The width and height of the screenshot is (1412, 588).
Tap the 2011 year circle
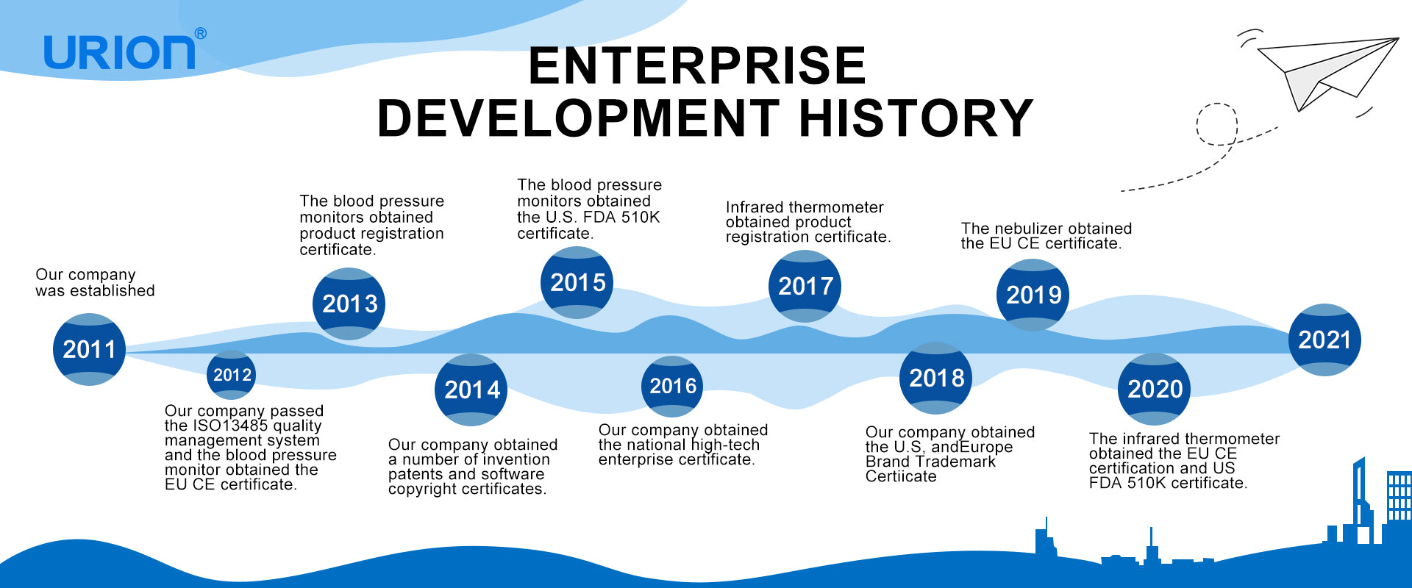pos(89,349)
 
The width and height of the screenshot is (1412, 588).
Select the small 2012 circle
pos(232,375)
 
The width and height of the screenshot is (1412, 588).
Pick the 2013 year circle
pos(349,304)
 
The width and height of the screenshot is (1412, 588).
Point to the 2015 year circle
pos(577,282)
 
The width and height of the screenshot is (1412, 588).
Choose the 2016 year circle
pos(672,387)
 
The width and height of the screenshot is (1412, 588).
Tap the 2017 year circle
pos(805,286)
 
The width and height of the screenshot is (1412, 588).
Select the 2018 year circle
pos(935,378)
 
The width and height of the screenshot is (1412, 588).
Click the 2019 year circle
pos(1033,295)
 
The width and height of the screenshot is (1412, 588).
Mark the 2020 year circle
pos(1154,389)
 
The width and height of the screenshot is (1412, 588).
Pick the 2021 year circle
pos(1324,340)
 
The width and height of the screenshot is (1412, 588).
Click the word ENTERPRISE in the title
pos(697,65)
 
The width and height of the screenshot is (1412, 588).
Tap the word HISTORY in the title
pos(916,118)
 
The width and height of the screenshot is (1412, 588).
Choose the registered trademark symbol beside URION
pos(201,34)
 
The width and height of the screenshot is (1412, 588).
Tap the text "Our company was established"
pos(95,283)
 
